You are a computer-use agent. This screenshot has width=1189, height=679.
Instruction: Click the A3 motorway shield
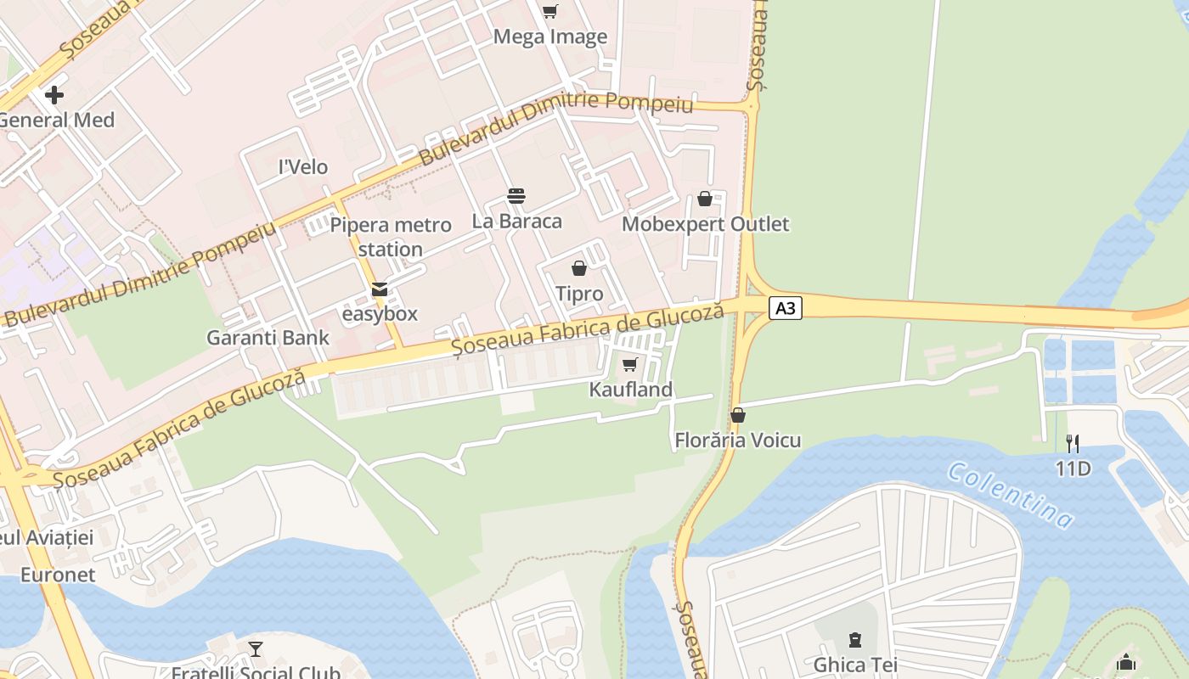pyautogui.click(x=786, y=307)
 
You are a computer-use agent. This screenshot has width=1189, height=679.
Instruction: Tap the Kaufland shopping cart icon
pyautogui.click(x=629, y=365)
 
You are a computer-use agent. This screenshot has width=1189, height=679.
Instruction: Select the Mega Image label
pyautogui.click(x=550, y=36)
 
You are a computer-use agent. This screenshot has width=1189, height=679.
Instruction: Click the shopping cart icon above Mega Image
pyautogui.click(x=549, y=11)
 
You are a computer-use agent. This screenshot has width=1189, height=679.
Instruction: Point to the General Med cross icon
pyautogui.click(x=55, y=95)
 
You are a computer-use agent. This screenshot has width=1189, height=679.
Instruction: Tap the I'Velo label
pyautogui.click(x=303, y=167)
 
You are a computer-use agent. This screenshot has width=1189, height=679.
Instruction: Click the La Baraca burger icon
pyautogui.click(x=516, y=196)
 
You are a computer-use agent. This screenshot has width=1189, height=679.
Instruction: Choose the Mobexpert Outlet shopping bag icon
pyautogui.click(x=705, y=199)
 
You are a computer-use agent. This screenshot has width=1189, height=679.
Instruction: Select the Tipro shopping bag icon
pyautogui.click(x=579, y=268)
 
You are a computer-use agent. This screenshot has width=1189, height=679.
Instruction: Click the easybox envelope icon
pyautogui.click(x=380, y=289)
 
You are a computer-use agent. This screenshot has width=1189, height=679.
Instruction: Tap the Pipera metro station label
pyautogui.click(x=391, y=237)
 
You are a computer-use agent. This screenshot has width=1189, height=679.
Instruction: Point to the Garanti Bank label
pyautogui.click(x=268, y=337)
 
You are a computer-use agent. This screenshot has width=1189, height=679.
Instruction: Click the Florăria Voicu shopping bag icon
pyautogui.click(x=738, y=415)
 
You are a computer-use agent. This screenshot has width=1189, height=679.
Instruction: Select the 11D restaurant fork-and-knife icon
pyautogui.click(x=1073, y=442)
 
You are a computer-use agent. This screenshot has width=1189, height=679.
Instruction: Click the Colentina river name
pyautogui.click(x=1010, y=495)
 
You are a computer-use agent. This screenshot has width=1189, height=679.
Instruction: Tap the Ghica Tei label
pyautogui.click(x=855, y=664)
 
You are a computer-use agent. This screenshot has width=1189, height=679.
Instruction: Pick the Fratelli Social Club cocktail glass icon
pyautogui.click(x=256, y=649)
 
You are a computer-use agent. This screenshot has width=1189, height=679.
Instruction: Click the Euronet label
pyautogui.click(x=58, y=575)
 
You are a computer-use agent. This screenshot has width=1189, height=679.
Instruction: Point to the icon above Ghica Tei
pyautogui.click(x=855, y=639)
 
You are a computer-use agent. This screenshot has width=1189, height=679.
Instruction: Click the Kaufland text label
pyautogui.click(x=631, y=390)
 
